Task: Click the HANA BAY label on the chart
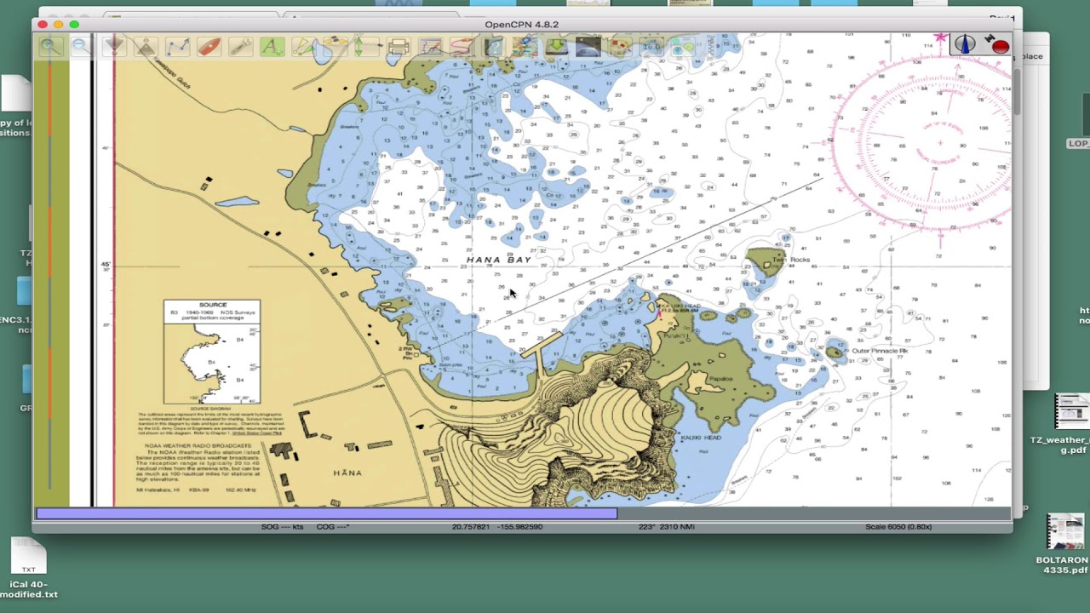pyautogui.click(x=499, y=260)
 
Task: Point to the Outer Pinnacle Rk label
pyautogui.click(x=880, y=351)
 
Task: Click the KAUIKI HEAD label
pyautogui.click(x=701, y=438)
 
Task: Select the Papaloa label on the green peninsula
pyautogui.click(x=720, y=379)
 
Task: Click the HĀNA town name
pyautogui.click(x=347, y=473)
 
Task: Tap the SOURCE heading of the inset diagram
pyautogui.click(x=213, y=305)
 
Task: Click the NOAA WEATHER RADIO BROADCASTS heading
pyautogui.click(x=198, y=445)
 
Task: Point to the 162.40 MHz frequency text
pyautogui.click(x=240, y=490)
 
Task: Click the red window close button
pyautogui.click(x=43, y=25)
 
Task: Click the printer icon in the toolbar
pyautogui.click(x=398, y=48)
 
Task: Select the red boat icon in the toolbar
pyautogui.click(x=209, y=48)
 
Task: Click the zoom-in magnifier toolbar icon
pyautogui.click(x=49, y=48)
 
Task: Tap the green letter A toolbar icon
pyautogui.click(x=272, y=48)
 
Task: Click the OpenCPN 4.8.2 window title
pyautogui.click(x=521, y=25)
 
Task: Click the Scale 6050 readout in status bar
pyautogui.click(x=898, y=527)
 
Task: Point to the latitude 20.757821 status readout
pyautogui.click(x=470, y=527)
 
